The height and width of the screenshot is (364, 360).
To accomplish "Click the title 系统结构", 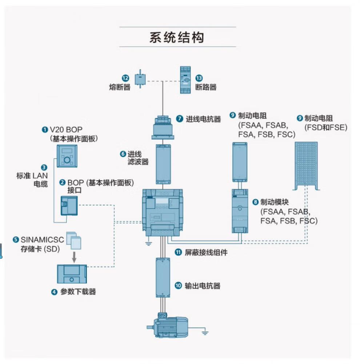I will click(177, 37).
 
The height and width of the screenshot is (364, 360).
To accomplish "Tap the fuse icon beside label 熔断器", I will click(140, 79).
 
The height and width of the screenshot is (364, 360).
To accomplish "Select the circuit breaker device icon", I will click(185, 80).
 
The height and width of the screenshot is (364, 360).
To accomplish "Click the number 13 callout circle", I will click(199, 78).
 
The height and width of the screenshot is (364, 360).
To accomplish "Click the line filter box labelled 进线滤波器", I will click(163, 164).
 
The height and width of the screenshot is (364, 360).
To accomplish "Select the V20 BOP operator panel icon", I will click(67, 156).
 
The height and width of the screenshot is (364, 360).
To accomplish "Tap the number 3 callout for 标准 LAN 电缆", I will click(44, 167).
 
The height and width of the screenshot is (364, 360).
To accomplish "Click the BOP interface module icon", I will click(69, 206).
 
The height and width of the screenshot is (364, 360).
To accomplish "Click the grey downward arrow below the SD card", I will click(74, 257).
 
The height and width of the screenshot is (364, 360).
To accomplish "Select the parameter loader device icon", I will click(72, 274).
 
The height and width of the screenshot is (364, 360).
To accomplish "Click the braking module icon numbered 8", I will click(240, 211).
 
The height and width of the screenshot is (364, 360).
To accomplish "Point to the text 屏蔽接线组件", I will click(206, 252).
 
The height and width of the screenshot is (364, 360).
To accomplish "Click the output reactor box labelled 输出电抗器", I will click(163, 278).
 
